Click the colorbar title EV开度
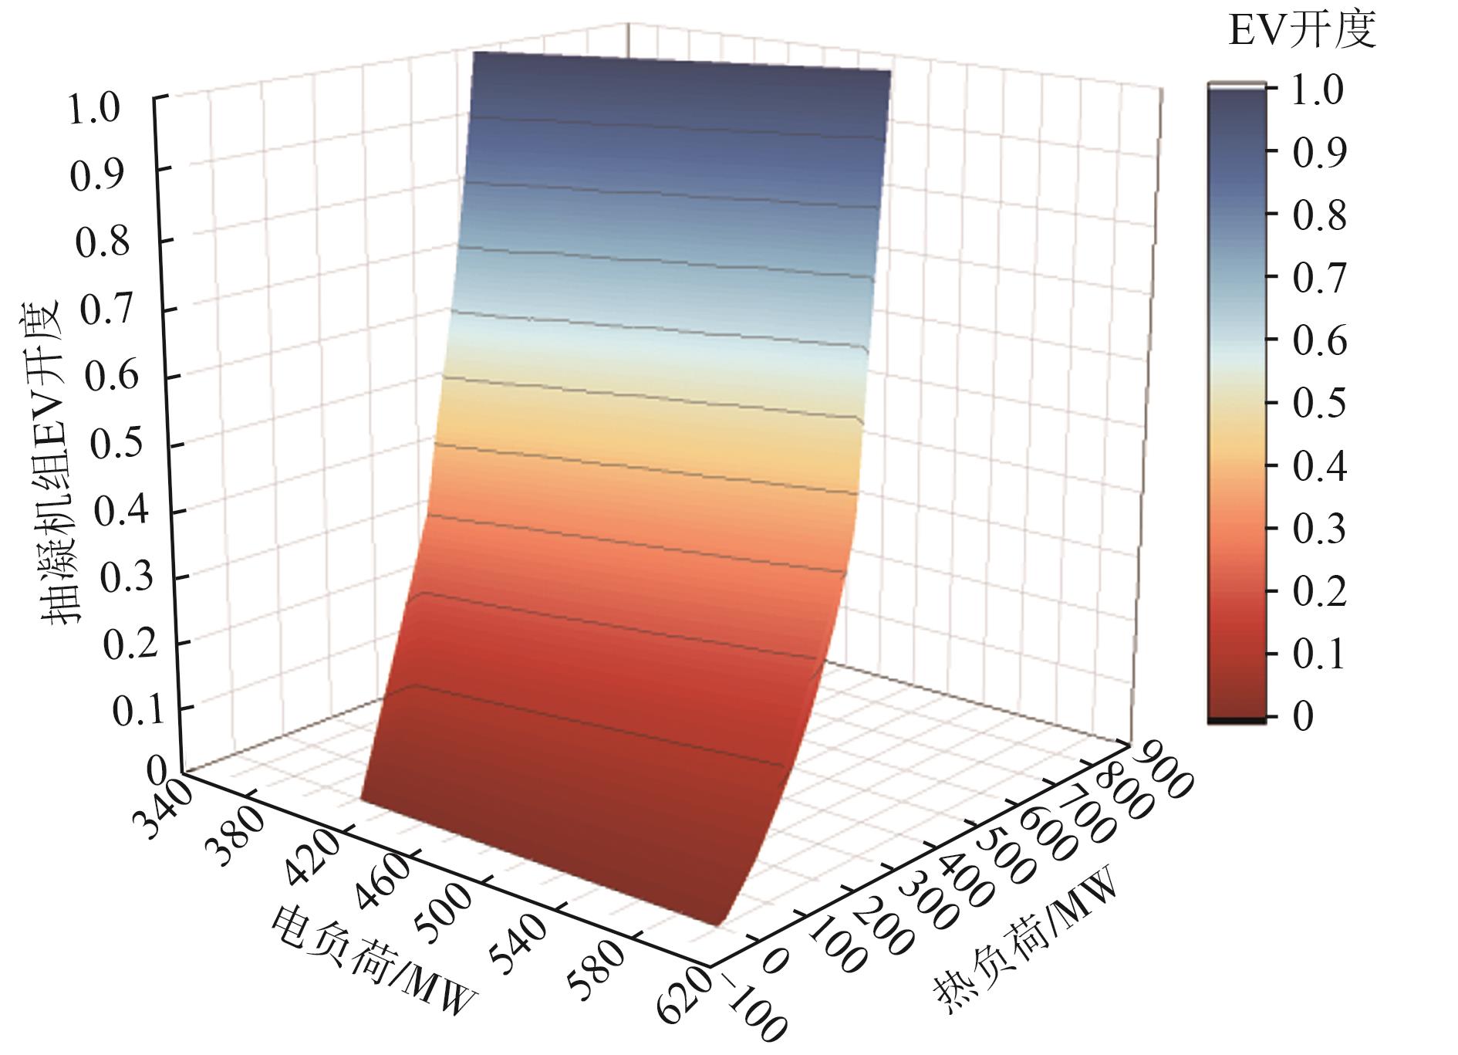[x=1302, y=32]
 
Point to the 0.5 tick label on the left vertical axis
[x=116, y=445]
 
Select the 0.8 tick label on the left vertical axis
[x=103, y=242]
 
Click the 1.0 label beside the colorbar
[x=1318, y=91]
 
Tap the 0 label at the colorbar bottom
[x=1302, y=717]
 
